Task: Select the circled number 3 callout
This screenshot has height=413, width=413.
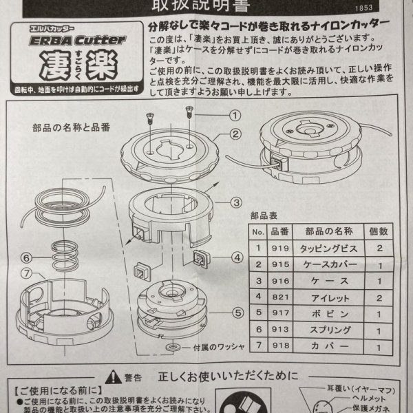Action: coord(236,202)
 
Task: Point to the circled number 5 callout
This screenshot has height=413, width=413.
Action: coord(236,311)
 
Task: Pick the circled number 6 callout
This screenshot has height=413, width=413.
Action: coord(26,258)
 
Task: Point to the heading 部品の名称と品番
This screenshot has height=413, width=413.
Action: coord(71,127)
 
